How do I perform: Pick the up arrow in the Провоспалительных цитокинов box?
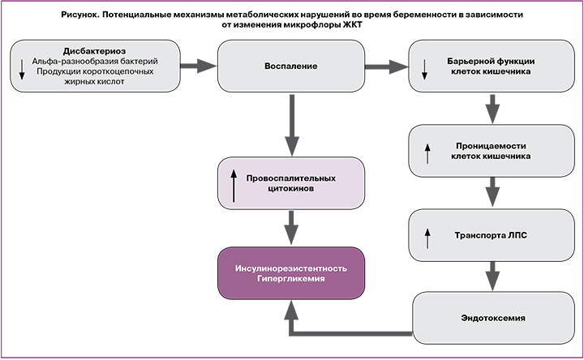(234, 184)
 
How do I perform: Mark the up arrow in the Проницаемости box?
(426, 152)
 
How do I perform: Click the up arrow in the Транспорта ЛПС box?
(426, 236)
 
